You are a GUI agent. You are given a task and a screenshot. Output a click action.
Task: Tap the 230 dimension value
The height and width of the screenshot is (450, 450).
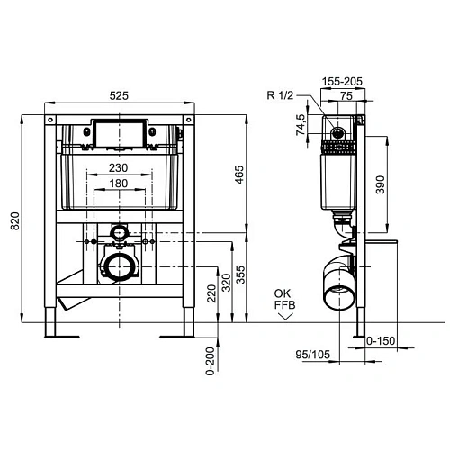pos(118,167)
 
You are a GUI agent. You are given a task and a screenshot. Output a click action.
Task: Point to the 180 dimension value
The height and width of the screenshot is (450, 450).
pos(118,183)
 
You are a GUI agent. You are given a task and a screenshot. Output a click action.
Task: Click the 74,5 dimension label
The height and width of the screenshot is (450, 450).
pos(303,125)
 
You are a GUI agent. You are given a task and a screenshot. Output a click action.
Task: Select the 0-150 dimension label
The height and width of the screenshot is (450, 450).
pos(385,339)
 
